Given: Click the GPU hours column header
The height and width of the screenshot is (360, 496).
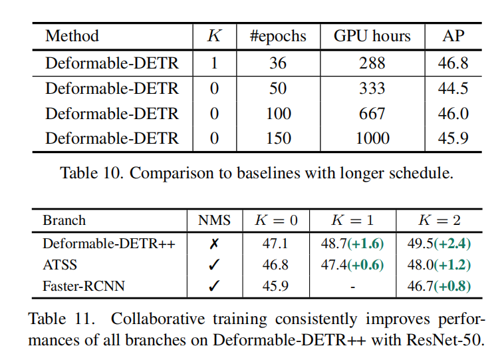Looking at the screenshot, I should [x=372, y=36].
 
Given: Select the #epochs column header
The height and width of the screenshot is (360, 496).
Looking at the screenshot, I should [x=278, y=36].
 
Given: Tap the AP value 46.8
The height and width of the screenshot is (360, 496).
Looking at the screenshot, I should [x=453, y=63].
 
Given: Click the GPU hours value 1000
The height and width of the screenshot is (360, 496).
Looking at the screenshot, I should [x=372, y=138].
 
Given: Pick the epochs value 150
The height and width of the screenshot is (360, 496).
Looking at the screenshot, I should [x=278, y=138].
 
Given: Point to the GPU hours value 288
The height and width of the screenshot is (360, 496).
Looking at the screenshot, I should [x=372, y=63].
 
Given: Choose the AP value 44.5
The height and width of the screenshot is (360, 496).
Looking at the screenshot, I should [x=453, y=89].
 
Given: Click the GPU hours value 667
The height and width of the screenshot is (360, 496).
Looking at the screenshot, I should [x=372, y=114].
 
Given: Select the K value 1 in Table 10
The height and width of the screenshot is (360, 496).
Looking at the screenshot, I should [x=214, y=63].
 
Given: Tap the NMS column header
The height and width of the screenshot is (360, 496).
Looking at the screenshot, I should [x=214, y=220].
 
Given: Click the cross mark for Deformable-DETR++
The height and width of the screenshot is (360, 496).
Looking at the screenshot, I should [x=214, y=244].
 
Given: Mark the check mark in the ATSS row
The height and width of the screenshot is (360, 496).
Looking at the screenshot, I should [x=214, y=265].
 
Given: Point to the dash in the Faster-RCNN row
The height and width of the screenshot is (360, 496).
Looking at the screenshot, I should [x=352, y=286].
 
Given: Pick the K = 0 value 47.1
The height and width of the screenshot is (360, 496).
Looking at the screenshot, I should [x=275, y=244].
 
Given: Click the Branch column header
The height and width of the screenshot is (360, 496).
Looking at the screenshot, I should [x=64, y=220].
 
